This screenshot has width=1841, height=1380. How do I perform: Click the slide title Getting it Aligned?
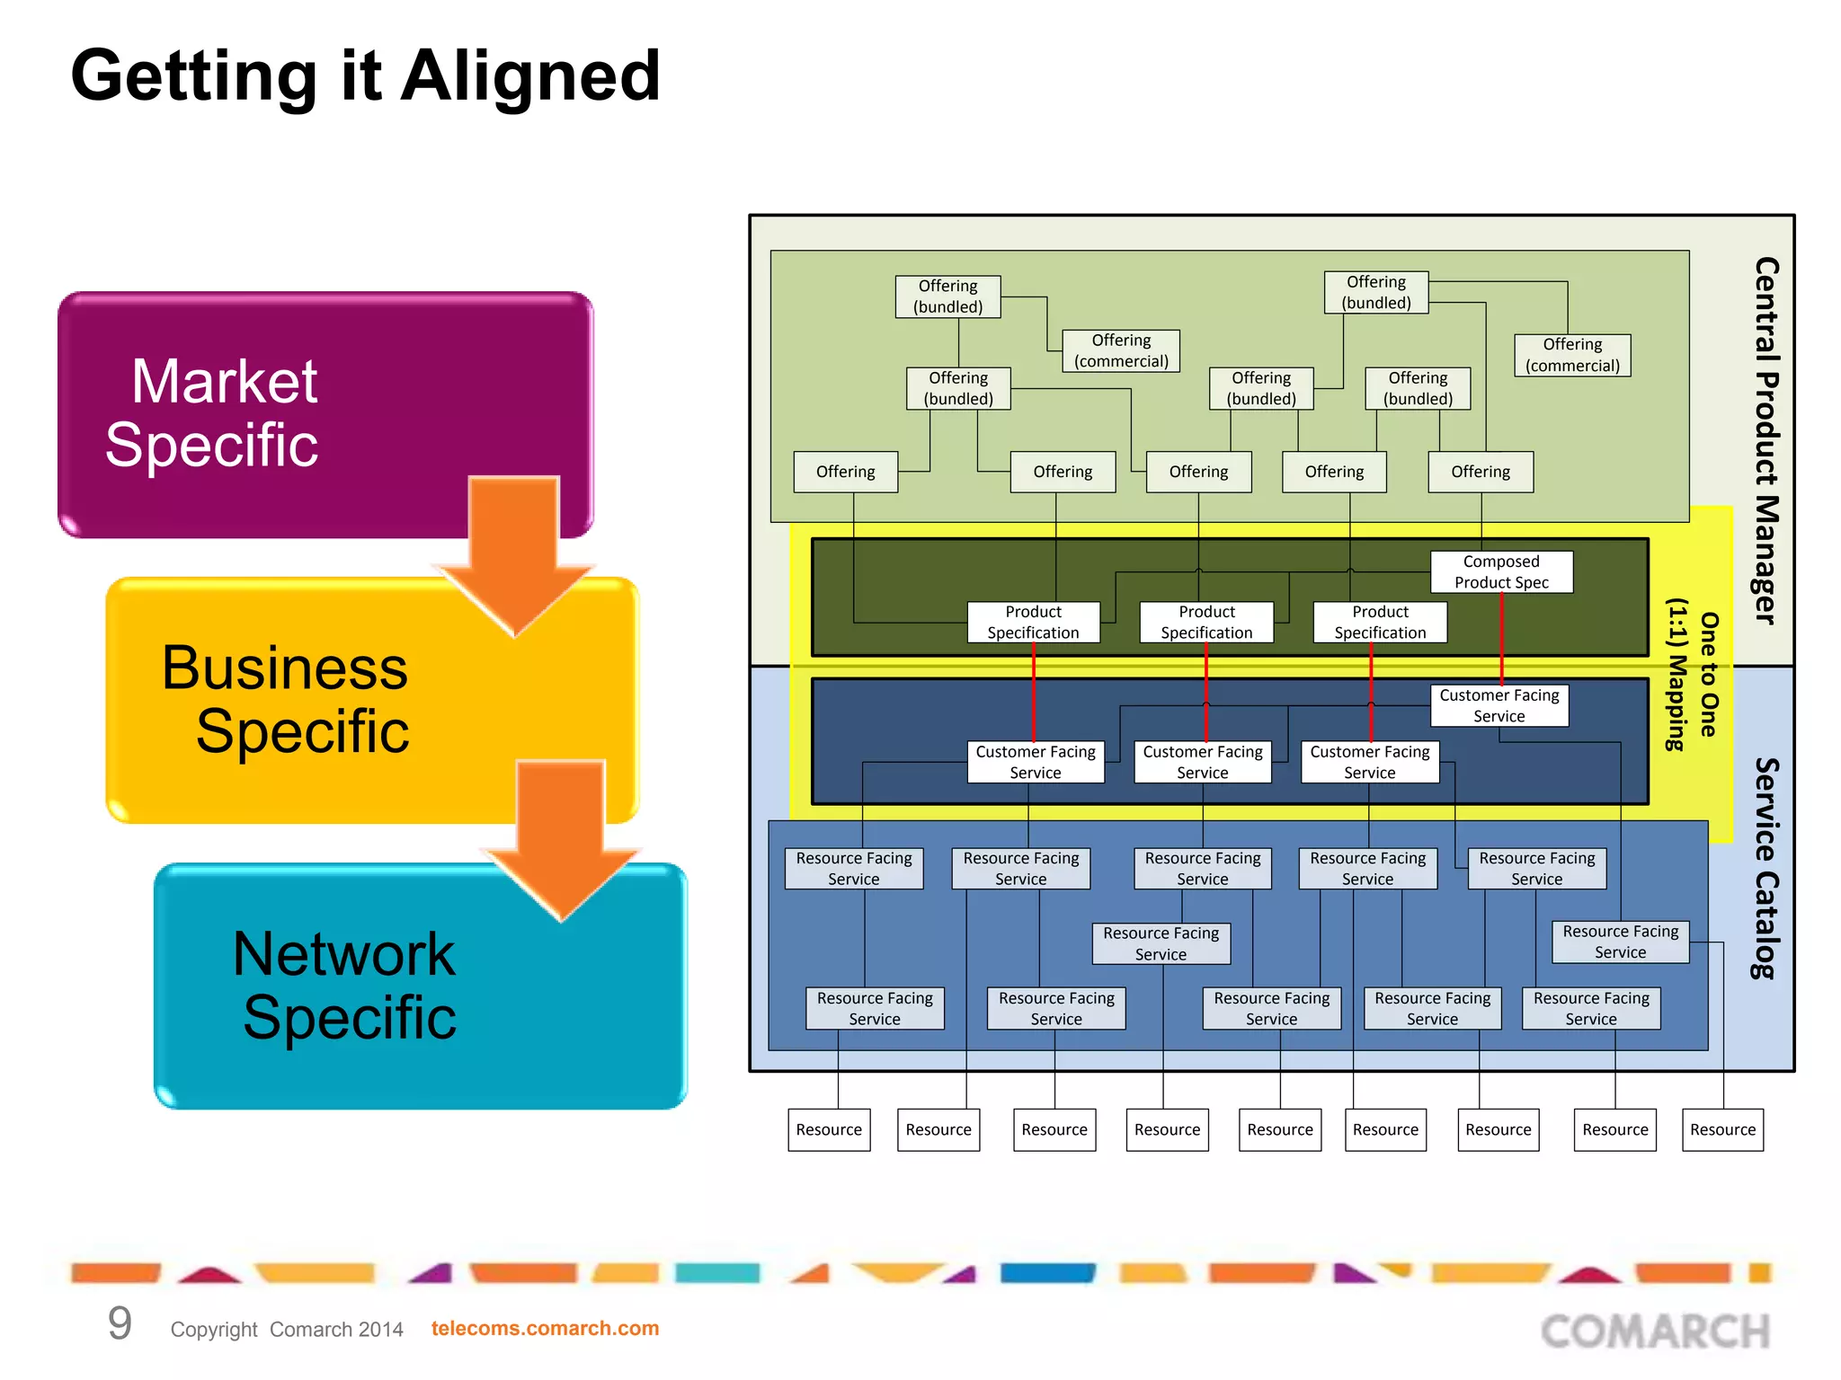coord(365,76)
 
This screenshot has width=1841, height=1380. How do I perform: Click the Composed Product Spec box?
coord(1501,571)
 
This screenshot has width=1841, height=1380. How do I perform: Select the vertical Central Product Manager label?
coord(1766,440)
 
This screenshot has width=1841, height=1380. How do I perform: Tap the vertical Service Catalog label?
coord(1766,868)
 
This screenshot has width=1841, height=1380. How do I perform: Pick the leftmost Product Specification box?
coord(1033,622)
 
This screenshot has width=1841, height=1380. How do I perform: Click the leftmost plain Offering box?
coord(845,472)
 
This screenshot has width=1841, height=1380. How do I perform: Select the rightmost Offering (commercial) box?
coord(1572,355)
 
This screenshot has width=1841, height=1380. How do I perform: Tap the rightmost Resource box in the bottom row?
coord(1722,1129)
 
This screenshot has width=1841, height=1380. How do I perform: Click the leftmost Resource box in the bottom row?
coord(829,1129)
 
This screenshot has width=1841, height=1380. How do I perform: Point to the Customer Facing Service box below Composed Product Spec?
coord(1499,705)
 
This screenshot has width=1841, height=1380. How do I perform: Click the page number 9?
coord(120,1323)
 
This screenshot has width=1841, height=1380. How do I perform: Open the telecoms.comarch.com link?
coord(545,1328)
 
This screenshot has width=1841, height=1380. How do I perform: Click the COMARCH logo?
coord(1655,1331)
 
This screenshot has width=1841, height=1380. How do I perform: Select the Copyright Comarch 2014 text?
coord(287,1329)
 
